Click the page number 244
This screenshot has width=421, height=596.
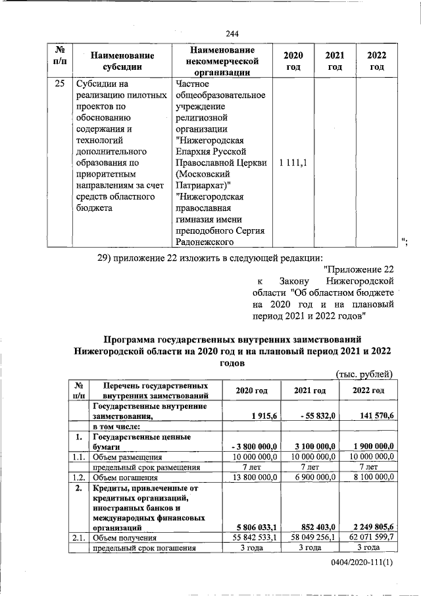coord(232,34)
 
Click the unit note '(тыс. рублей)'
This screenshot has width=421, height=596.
coord(364,375)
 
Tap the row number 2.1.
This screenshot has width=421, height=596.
coord(79,537)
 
